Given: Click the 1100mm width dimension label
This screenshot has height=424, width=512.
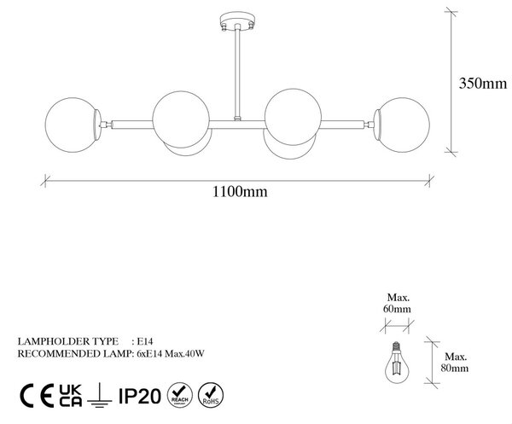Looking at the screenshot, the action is (x=240, y=191).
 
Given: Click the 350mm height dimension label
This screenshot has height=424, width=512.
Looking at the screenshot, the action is (x=483, y=84).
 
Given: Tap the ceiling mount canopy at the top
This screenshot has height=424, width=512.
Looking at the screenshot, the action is (x=237, y=20).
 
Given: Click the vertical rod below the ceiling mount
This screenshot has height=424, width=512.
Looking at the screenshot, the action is (x=237, y=72).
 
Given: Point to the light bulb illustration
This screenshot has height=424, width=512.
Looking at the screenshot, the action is (x=397, y=363).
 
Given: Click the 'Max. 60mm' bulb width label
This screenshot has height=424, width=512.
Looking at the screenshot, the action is (x=398, y=303).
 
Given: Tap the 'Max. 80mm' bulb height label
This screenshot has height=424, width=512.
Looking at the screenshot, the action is (x=455, y=363).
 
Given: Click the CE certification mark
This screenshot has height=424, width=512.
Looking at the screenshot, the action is (x=37, y=396).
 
